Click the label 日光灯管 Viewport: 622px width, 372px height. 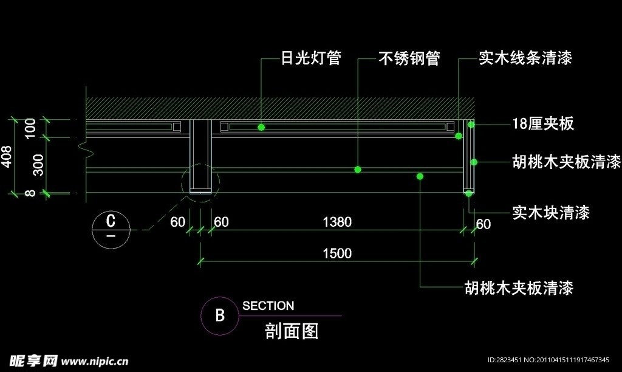pyautogui.click(x=310, y=58)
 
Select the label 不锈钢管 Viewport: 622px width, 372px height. pyautogui.click(x=409, y=58)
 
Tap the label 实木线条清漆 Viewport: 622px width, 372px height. pyautogui.click(x=525, y=58)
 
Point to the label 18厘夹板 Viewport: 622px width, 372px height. pyautogui.click(x=542, y=124)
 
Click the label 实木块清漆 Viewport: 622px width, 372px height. pyautogui.click(x=551, y=213)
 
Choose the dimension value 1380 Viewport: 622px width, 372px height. pyautogui.click(x=337, y=222)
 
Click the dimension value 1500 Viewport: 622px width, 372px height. pyautogui.click(x=337, y=253)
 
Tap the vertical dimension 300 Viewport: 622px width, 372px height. pyautogui.click(x=38, y=165)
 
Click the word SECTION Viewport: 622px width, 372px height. pyautogui.click(x=268, y=306)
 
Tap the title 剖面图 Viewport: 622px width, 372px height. pyautogui.click(x=292, y=331)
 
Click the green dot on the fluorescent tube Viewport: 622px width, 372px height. pyautogui.click(x=261, y=127)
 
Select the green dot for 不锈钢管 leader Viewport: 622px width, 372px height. pyautogui.click(x=358, y=170)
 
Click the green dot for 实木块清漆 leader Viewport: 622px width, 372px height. pyautogui.click(x=469, y=193)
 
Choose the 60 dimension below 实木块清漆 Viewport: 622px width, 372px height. pyautogui.click(x=484, y=224)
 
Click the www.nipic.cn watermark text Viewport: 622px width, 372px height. pyautogui.click(x=94, y=360)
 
